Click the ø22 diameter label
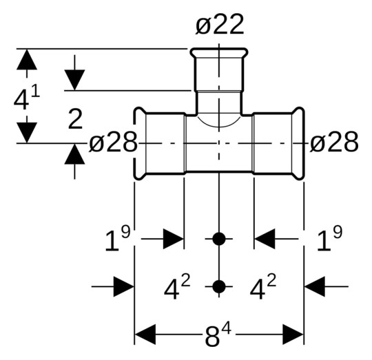(x=219, y=25)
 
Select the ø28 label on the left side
(x=114, y=142)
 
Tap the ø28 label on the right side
(x=334, y=142)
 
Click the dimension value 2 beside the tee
(x=75, y=120)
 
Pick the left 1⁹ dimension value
(x=117, y=240)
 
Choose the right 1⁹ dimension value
(x=329, y=240)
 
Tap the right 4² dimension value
(x=263, y=288)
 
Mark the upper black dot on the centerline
(x=219, y=240)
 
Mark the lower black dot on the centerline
(x=219, y=286)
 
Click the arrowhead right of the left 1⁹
(x=173, y=240)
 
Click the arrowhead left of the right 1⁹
(x=265, y=240)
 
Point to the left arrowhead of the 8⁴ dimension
(x=144, y=336)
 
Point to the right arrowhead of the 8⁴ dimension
(x=294, y=336)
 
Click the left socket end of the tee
(x=159, y=142)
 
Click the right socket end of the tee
(x=278, y=142)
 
